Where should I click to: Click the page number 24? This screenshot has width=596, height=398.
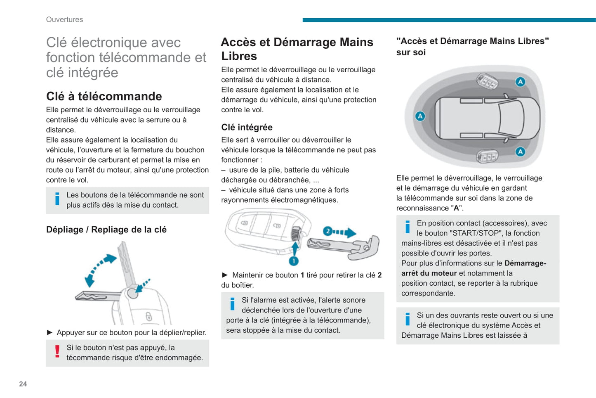[x=23, y=384]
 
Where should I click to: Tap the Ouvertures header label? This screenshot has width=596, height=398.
[x=64, y=19]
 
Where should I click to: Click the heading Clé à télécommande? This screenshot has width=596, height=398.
[x=104, y=96]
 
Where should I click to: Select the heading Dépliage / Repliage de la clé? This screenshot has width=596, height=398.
[x=106, y=230]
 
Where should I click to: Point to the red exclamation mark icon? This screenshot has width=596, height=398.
[x=57, y=351]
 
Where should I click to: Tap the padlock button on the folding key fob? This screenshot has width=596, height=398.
[x=149, y=317]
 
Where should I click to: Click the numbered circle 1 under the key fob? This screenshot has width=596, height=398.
[x=294, y=261]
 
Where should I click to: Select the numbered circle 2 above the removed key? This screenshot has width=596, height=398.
[x=327, y=231]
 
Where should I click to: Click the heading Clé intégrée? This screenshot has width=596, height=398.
[x=247, y=127]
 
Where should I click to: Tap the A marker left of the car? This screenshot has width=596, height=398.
[x=420, y=116]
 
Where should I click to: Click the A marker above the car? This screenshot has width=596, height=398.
[x=521, y=81]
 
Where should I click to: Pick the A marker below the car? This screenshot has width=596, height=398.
[x=521, y=152]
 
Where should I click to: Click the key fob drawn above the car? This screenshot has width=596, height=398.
[x=487, y=81]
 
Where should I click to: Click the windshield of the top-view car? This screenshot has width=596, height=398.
[x=512, y=118]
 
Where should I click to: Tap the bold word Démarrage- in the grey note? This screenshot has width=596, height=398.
[x=525, y=263]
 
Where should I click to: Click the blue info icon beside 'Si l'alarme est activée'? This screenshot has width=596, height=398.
[x=233, y=304]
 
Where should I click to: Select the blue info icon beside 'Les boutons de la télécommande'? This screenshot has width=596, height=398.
[x=57, y=199]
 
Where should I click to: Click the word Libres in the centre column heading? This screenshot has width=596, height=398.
[x=239, y=56]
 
